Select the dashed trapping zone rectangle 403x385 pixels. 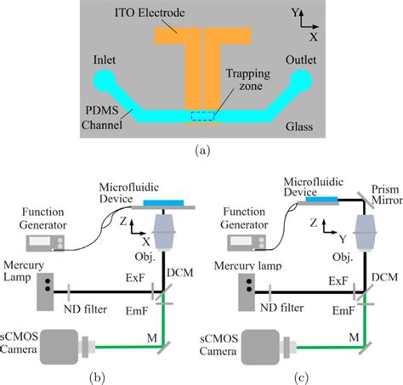[202, 116]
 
